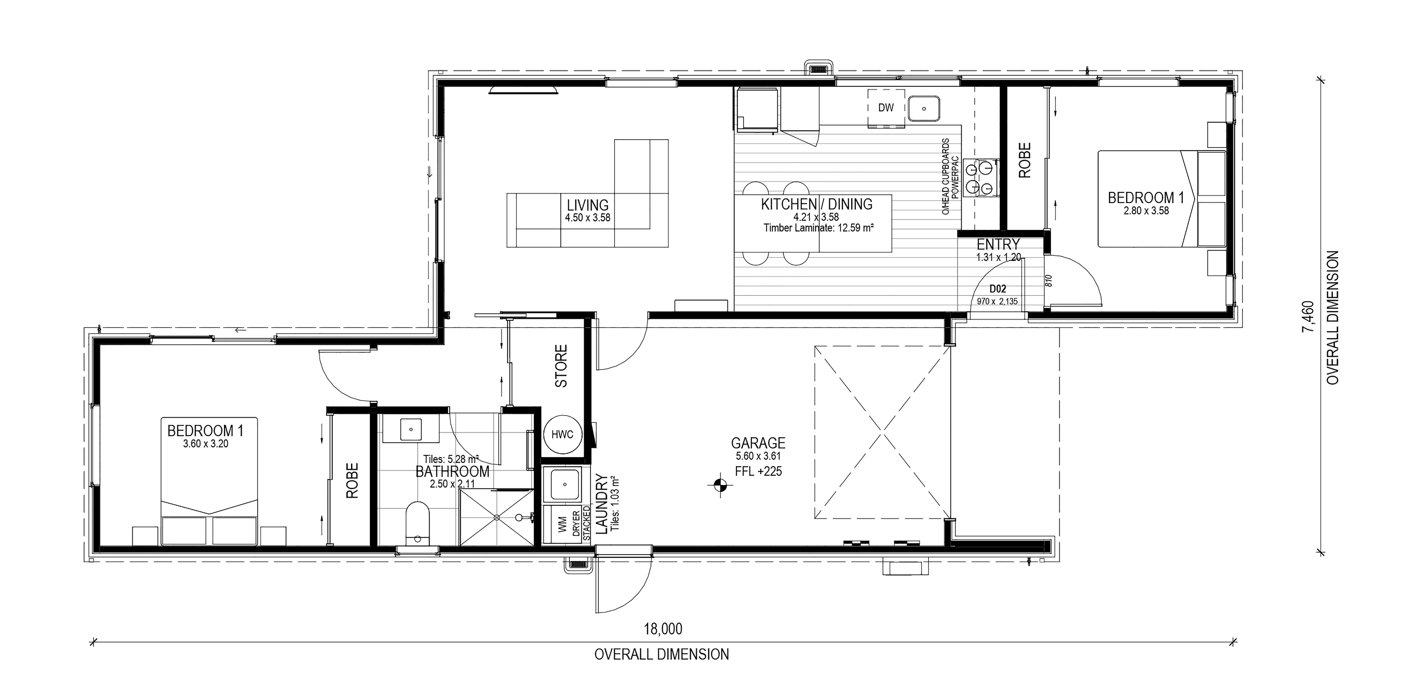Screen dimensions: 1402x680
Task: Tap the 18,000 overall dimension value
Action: (x=663, y=629)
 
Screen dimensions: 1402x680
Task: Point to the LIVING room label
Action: (x=588, y=205)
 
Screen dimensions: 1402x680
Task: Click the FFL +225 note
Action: (x=758, y=471)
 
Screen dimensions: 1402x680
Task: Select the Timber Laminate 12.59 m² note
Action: (x=819, y=228)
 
